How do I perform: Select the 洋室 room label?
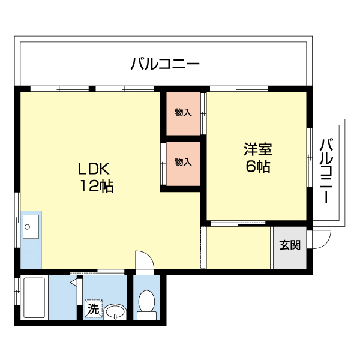coord(257,148)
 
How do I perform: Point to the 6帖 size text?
coord(257,166)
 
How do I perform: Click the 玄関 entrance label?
coord(290,245)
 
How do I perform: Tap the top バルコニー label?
coord(165,64)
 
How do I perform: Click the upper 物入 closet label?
coord(183,113)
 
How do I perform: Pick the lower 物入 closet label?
coord(183,162)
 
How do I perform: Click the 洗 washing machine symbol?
coord(93,310)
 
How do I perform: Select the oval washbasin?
coord(115,311)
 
